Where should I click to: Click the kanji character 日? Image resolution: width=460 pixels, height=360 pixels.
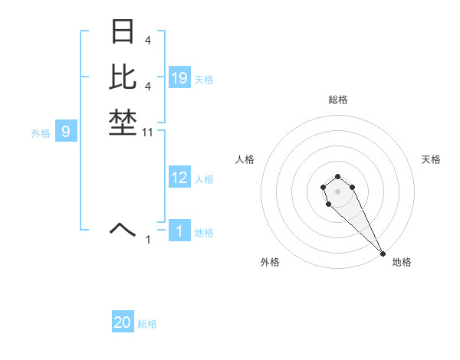coord(123,32)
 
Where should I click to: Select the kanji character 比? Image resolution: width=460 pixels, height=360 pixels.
coord(123,77)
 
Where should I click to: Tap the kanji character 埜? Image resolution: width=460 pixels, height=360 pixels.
coord(123,123)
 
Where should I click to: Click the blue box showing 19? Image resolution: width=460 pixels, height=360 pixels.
coord(179,77)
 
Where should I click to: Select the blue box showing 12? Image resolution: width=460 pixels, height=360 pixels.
coord(179,178)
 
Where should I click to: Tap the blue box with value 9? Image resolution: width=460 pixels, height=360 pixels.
coord(66,132)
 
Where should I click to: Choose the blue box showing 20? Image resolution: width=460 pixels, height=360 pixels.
coord(123,322)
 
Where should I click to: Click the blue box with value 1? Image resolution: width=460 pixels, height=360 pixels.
coord(179,231)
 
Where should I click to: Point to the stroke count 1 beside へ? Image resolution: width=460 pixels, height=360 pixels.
coord(148,240)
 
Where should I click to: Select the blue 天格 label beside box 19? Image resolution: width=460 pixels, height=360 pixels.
coord(204,79)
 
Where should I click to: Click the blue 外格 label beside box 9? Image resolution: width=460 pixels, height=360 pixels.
coord(41,133)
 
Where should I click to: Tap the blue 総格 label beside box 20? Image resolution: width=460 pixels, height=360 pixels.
coord(147,324)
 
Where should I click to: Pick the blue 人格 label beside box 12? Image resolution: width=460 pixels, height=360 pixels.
coord(204,179)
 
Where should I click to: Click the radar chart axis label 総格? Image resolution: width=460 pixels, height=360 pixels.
coord(337,100)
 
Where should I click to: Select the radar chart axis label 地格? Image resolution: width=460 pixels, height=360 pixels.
coord(402,262)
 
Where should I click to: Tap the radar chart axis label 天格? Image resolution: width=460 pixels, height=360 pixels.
coord(431,159)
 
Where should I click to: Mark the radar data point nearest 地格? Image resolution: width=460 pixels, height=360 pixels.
coord(383,254)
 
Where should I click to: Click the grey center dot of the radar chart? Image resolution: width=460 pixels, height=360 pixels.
coord(337,191)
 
